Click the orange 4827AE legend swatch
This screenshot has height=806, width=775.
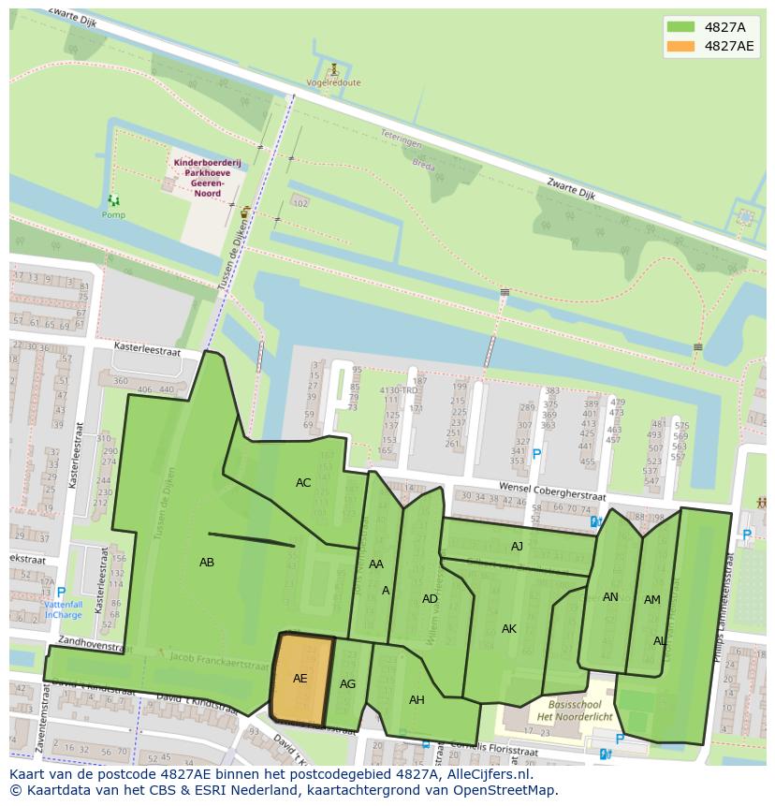[680, 46]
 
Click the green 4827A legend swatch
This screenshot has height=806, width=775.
[680, 27]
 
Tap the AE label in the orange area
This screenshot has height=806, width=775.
[300, 679]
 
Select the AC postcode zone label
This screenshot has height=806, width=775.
[303, 483]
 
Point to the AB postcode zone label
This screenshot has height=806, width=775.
[207, 563]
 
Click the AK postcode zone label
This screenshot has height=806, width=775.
[508, 629]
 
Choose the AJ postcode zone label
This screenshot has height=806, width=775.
[517, 547]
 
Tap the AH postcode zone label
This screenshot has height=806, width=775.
[417, 700]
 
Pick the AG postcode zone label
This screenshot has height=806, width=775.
[347, 684]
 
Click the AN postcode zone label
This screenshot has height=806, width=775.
[610, 597]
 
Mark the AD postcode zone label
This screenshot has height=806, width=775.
[430, 599]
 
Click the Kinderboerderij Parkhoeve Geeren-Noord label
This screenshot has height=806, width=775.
[207, 173]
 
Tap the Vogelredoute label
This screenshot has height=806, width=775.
[333, 82]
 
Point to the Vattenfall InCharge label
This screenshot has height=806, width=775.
[64, 609]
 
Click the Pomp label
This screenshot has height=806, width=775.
[113, 214]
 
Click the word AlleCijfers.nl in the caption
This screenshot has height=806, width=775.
[486, 775]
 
